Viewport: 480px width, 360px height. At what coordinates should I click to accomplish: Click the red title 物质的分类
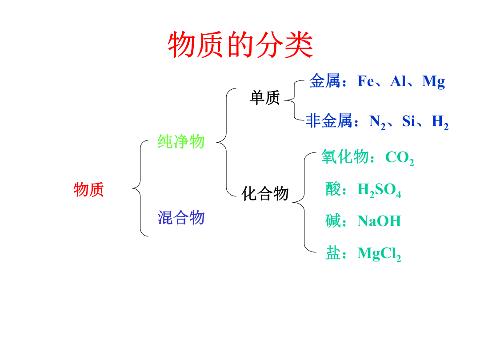point(240,45)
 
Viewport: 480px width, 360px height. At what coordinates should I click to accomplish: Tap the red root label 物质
point(89,189)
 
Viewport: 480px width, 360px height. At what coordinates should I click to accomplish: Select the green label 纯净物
point(181,142)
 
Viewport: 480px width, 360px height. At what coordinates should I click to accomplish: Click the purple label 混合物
point(181,218)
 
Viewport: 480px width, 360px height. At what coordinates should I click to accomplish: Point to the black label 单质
point(265,98)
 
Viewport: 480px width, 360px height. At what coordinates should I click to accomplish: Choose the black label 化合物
point(265,193)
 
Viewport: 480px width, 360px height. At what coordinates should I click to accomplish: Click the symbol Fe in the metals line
point(366,81)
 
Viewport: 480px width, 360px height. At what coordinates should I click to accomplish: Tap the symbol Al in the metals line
point(398,81)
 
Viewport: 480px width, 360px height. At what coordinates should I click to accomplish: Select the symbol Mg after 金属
point(433,82)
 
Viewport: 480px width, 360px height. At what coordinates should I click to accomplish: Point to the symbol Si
point(409,121)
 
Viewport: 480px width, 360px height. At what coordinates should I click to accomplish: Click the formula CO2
point(400,158)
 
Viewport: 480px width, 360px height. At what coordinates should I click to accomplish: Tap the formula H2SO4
point(379,190)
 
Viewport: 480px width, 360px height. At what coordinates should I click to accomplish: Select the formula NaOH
point(379,221)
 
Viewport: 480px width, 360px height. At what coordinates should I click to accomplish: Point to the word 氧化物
point(345,157)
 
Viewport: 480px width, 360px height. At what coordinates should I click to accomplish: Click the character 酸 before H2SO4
point(333,189)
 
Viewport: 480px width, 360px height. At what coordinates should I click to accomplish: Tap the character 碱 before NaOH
point(333,221)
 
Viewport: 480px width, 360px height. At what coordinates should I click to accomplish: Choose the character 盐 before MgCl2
point(333,253)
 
